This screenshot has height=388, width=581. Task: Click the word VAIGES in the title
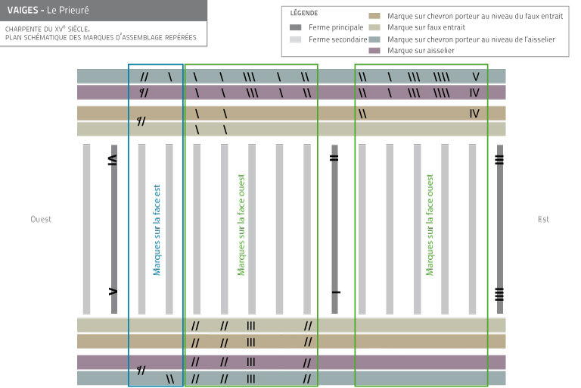pyautogui.click(x=23, y=11)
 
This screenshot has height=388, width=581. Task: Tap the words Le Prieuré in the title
pyautogui.click(x=68, y=11)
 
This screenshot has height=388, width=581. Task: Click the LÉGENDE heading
pyautogui.click(x=304, y=13)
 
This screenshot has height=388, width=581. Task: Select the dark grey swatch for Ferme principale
pyautogui.click(x=295, y=27)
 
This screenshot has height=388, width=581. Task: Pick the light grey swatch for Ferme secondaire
pyautogui.click(x=295, y=39)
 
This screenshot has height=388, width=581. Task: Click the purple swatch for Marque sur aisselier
pyautogui.click(x=374, y=51)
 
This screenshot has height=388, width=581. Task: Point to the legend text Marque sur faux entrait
pyautogui.click(x=426, y=27)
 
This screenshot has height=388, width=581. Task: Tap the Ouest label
pyautogui.click(x=41, y=219)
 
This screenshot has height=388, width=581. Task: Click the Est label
pyautogui.click(x=543, y=219)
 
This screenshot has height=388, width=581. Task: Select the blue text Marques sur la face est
pyautogui.click(x=157, y=230)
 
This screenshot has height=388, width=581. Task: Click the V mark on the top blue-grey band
pyautogui.click(x=476, y=77)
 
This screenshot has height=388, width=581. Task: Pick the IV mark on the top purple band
pyautogui.click(x=474, y=92)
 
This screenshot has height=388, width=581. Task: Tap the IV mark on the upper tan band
pyautogui.click(x=474, y=114)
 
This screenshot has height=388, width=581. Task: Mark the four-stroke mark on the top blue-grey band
pyautogui.click(x=441, y=77)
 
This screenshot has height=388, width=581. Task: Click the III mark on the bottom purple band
pyautogui.click(x=251, y=361)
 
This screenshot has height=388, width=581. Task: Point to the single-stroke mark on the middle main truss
pyautogui.click(x=336, y=293)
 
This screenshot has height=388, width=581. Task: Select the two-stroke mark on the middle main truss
pyautogui.click(x=334, y=158)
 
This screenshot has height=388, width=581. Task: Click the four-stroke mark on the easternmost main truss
pyautogui.click(x=499, y=294)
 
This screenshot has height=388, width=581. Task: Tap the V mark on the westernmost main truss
pyautogui.click(x=113, y=292)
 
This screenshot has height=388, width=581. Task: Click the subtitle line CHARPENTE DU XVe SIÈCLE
pyautogui.click(x=48, y=29)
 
